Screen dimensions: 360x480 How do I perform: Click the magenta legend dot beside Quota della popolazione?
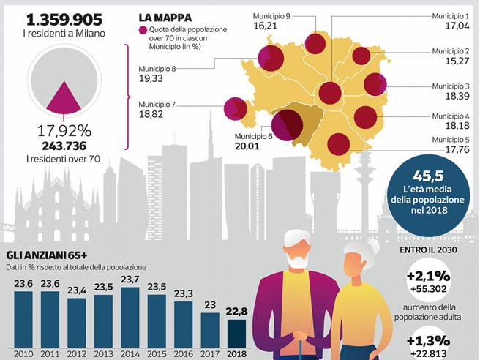click(x=142, y=29)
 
